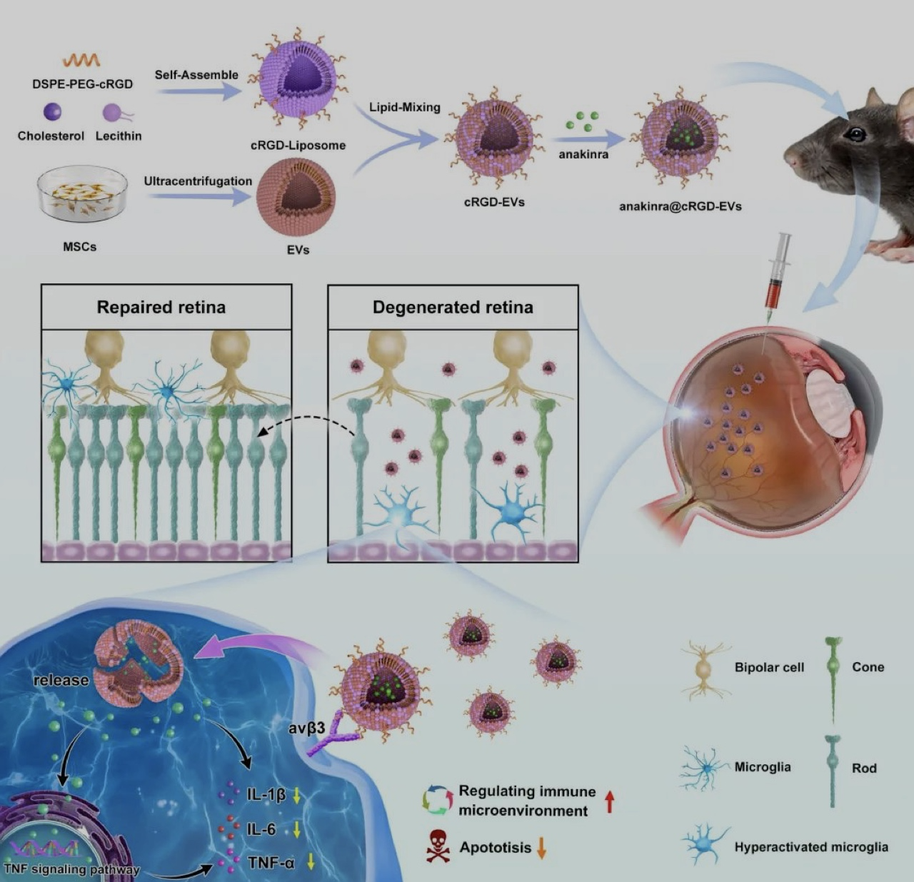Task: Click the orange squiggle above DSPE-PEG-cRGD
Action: pyautogui.click(x=81, y=60)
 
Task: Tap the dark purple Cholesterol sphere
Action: pyautogui.click(x=52, y=112)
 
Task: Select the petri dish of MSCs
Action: pyautogui.click(x=82, y=194)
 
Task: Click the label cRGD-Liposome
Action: pyautogui.click(x=298, y=146)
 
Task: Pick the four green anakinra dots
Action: pyautogui.click(x=583, y=121)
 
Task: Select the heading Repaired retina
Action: pyautogui.click(x=161, y=307)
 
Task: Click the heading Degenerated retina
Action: pyautogui.click(x=453, y=308)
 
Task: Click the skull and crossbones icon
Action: pyautogui.click(x=438, y=846)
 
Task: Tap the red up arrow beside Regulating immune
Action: pyautogui.click(x=610, y=801)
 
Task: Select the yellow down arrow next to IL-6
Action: pyautogui.click(x=296, y=831)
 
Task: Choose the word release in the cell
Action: pyautogui.click(x=61, y=680)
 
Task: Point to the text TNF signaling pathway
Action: pyautogui.click(x=71, y=870)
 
